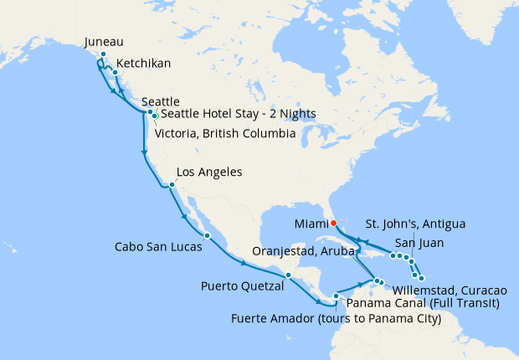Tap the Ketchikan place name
coord(145,64)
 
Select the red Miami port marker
coord(333,223)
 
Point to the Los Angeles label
coord(209,172)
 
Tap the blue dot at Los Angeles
coord(171,185)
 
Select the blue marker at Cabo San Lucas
coord(207,235)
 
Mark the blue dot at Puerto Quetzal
coord(287,275)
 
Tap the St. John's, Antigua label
coord(416,224)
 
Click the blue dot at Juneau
coord(103,54)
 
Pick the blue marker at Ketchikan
coord(115,73)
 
